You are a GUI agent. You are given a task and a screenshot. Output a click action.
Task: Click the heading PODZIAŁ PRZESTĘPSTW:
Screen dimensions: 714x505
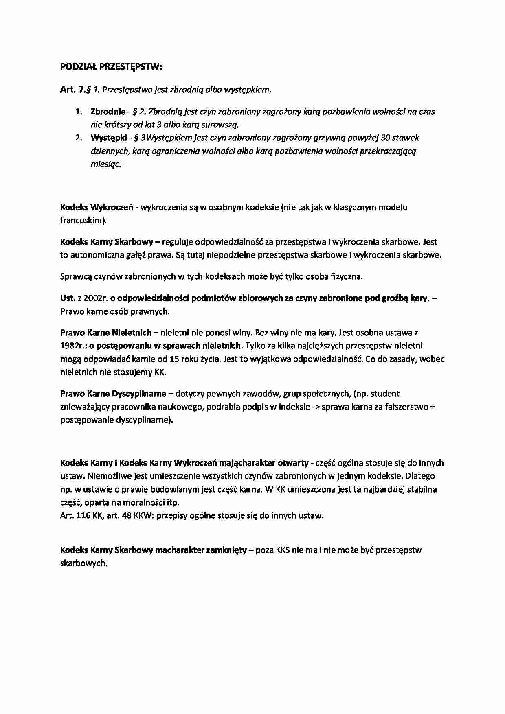pos(111,67)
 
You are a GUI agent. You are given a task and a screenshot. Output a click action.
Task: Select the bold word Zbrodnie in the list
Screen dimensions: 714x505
pos(108,112)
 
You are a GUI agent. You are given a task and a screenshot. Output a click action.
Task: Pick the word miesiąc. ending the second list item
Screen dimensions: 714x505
pos(106,164)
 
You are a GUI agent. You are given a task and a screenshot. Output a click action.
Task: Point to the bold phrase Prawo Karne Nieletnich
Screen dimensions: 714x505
pos(106,333)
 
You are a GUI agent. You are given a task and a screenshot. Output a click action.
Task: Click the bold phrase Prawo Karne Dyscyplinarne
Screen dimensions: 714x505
pos(113,394)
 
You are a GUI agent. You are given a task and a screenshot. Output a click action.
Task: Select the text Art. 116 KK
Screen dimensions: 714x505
pos(80,515)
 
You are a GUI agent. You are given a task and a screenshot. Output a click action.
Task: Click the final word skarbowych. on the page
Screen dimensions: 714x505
pos(83,563)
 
